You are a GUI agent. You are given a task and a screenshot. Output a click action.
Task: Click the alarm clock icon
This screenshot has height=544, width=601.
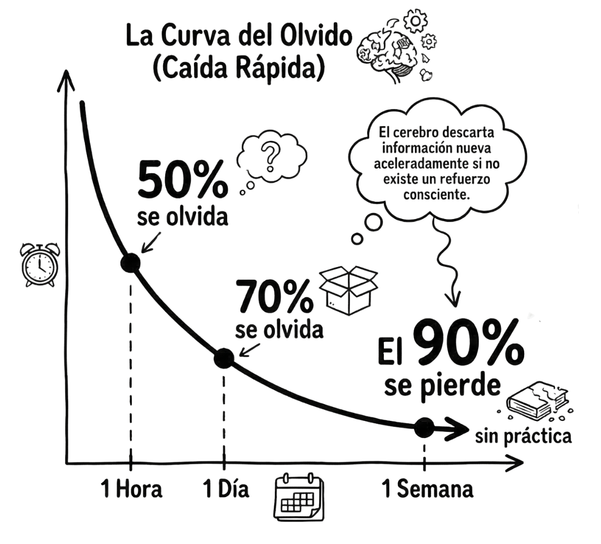point(39,264)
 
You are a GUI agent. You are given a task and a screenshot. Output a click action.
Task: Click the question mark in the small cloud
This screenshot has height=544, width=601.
point(271,155)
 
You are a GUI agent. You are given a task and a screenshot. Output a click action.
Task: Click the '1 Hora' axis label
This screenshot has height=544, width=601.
point(132,489)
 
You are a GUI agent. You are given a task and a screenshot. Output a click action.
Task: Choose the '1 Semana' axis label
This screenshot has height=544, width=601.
point(428,489)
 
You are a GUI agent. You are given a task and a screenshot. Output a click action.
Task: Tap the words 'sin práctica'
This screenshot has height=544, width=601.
point(523,436)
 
